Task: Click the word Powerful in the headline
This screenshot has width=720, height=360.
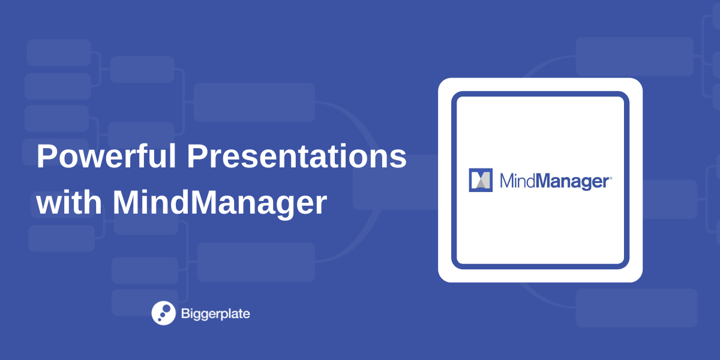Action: [x=106, y=157]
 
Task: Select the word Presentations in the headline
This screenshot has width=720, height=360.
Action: [x=296, y=157]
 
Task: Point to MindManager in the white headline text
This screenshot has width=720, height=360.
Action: [x=220, y=204]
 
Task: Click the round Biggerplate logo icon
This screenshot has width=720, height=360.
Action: [x=163, y=313]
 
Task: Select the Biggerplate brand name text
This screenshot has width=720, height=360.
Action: [x=215, y=313]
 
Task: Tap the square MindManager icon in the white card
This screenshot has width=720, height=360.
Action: [x=480, y=180]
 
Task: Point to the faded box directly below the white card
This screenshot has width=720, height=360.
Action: [x=636, y=308]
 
